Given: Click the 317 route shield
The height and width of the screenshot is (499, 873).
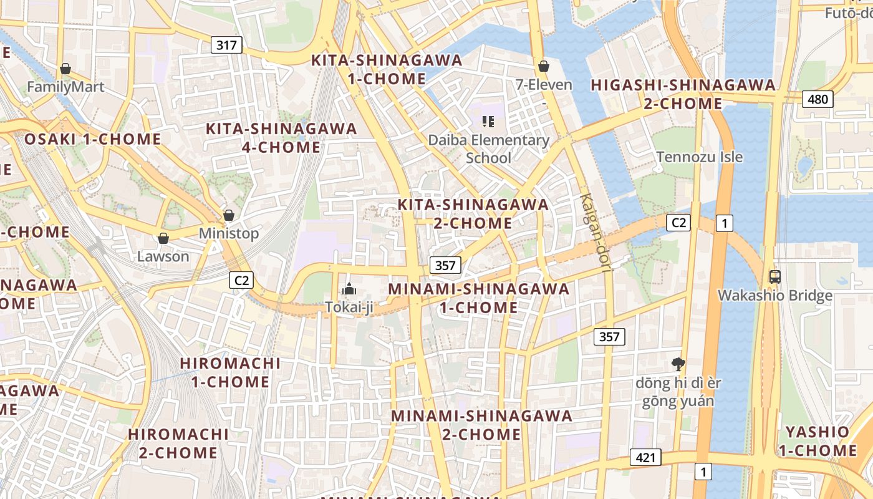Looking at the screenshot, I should coord(226,45).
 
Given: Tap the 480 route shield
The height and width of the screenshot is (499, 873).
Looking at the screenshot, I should coord(817,99).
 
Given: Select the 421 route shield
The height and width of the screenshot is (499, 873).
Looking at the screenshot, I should coord(645,458).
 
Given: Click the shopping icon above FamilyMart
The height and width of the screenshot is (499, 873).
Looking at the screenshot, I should coord(65,68).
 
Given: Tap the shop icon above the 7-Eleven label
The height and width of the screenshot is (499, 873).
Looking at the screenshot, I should coord(544,65).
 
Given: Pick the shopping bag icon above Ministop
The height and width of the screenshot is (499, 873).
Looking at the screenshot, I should coord(229,215).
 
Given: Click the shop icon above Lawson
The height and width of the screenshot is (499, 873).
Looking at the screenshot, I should coord(163,238).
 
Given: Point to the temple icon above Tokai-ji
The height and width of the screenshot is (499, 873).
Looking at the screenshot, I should coord(349,289).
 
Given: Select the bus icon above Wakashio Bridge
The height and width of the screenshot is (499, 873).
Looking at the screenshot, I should coord(775,276).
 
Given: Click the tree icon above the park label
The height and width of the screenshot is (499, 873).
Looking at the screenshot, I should coord(678,364).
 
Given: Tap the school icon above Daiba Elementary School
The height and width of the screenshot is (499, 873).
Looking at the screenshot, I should coord(488,121).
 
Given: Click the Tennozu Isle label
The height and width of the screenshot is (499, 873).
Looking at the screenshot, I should coord(699,157).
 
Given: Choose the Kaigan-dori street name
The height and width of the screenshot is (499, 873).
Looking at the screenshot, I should coord(594,232).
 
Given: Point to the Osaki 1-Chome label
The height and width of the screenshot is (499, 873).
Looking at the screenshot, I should coord(92,139).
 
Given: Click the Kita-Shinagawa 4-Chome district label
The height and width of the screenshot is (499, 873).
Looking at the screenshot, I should coord(281,138).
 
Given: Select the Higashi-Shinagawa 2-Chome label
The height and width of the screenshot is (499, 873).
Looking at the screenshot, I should coord(683,94).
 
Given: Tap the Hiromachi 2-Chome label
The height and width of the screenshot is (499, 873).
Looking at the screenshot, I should coord(178,443).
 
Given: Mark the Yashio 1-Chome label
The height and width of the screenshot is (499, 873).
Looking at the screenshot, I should coord(817,441).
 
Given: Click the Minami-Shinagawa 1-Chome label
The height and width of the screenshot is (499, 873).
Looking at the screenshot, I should coord(479,298).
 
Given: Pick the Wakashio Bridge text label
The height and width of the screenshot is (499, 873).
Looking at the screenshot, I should coord(775,296).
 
